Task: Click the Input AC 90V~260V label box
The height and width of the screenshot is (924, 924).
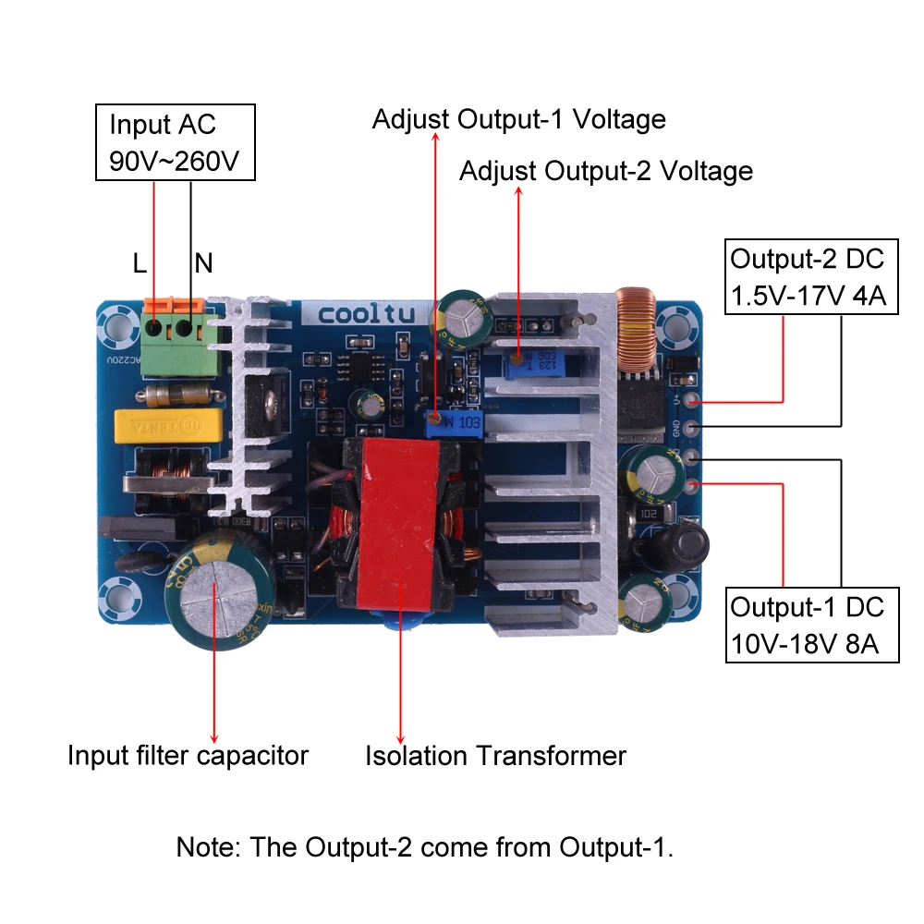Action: pyautogui.click(x=175, y=143)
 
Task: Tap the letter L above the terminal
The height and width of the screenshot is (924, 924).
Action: pyautogui.click(x=140, y=264)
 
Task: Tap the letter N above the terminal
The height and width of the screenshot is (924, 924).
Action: pyautogui.click(x=203, y=264)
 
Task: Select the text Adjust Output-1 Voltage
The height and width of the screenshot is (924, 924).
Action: pyautogui.click(x=518, y=119)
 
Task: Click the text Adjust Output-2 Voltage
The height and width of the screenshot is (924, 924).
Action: pyautogui.click(x=605, y=171)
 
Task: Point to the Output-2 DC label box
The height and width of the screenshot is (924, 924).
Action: pyautogui.click(x=811, y=275)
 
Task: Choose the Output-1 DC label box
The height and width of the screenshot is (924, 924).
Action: pyautogui.click(x=811, y=625)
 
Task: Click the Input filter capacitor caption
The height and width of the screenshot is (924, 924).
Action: pyautogui.click(x=188, y=756)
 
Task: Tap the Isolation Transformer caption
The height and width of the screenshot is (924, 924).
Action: pyautogui.click(x=495, y=756)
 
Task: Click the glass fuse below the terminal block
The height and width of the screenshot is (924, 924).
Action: pyautogui.click(x=181, y=395)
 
